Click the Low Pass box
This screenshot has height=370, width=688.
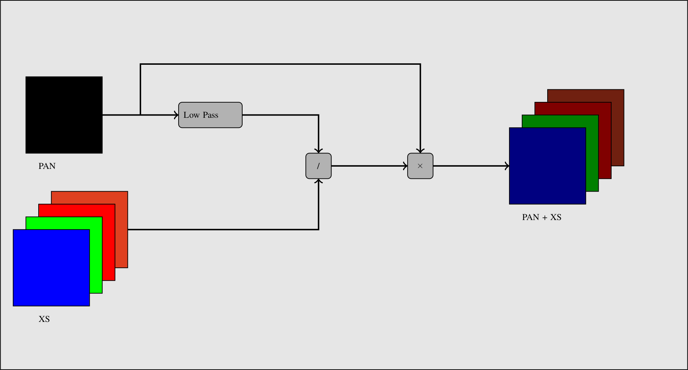click(210, 115)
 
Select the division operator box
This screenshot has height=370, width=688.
click(318, 166)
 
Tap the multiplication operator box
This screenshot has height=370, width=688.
click(420, 166)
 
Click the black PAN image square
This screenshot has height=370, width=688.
click(64, 115)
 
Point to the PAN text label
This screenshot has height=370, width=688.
click(47, 166)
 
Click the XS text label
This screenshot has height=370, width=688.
click(44, 319)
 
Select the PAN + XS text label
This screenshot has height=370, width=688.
click(542, 217)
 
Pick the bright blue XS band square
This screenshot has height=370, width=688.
click(51, 268)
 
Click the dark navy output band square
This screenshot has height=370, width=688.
click(547, 166)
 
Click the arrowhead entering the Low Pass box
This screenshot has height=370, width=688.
click(176, 115)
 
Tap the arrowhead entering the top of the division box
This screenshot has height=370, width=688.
click(319, 151)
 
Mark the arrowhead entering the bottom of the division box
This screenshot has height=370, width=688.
click(319, 181)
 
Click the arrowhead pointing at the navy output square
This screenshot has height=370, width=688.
click(507, 166)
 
